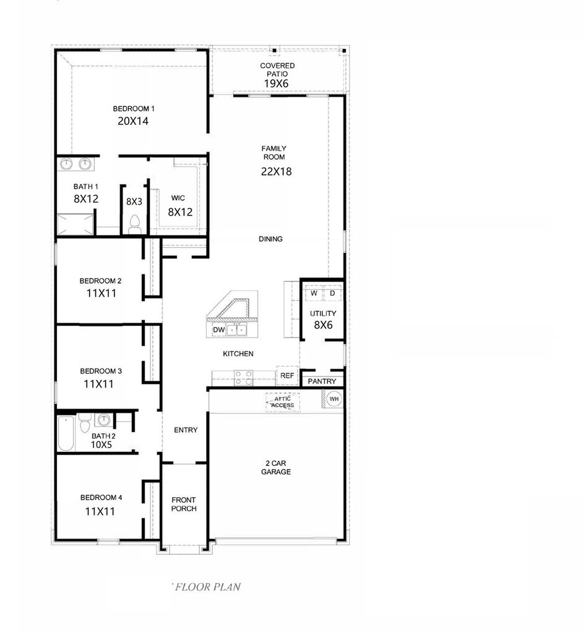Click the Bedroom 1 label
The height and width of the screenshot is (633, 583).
(134, 109)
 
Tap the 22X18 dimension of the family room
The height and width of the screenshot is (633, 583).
(276, 172)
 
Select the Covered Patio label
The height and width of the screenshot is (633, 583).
(277, 69)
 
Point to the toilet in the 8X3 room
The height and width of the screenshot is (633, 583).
(134, 224)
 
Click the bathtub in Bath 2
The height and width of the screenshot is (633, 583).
(66, 433)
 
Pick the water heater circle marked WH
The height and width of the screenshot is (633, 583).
(334, 399)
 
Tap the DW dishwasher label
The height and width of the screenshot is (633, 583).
(218, 330)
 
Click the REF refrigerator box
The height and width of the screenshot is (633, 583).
(287, 375)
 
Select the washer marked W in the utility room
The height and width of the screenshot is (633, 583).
(314, 294)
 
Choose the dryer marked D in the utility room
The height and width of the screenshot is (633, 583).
(333, 294)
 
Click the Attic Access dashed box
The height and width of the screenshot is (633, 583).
(283, 402)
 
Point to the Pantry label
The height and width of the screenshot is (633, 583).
(322, 381)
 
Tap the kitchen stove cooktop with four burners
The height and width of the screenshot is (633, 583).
(244, 378)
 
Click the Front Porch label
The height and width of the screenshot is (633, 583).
(184, 504)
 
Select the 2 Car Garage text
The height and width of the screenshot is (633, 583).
(276, 467)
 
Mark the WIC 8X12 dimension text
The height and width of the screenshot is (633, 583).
(180, 212)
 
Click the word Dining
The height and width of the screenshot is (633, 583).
(270, 239)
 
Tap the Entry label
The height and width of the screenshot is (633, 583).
(186, 430)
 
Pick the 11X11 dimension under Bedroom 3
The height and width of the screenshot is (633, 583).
(98, 384)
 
